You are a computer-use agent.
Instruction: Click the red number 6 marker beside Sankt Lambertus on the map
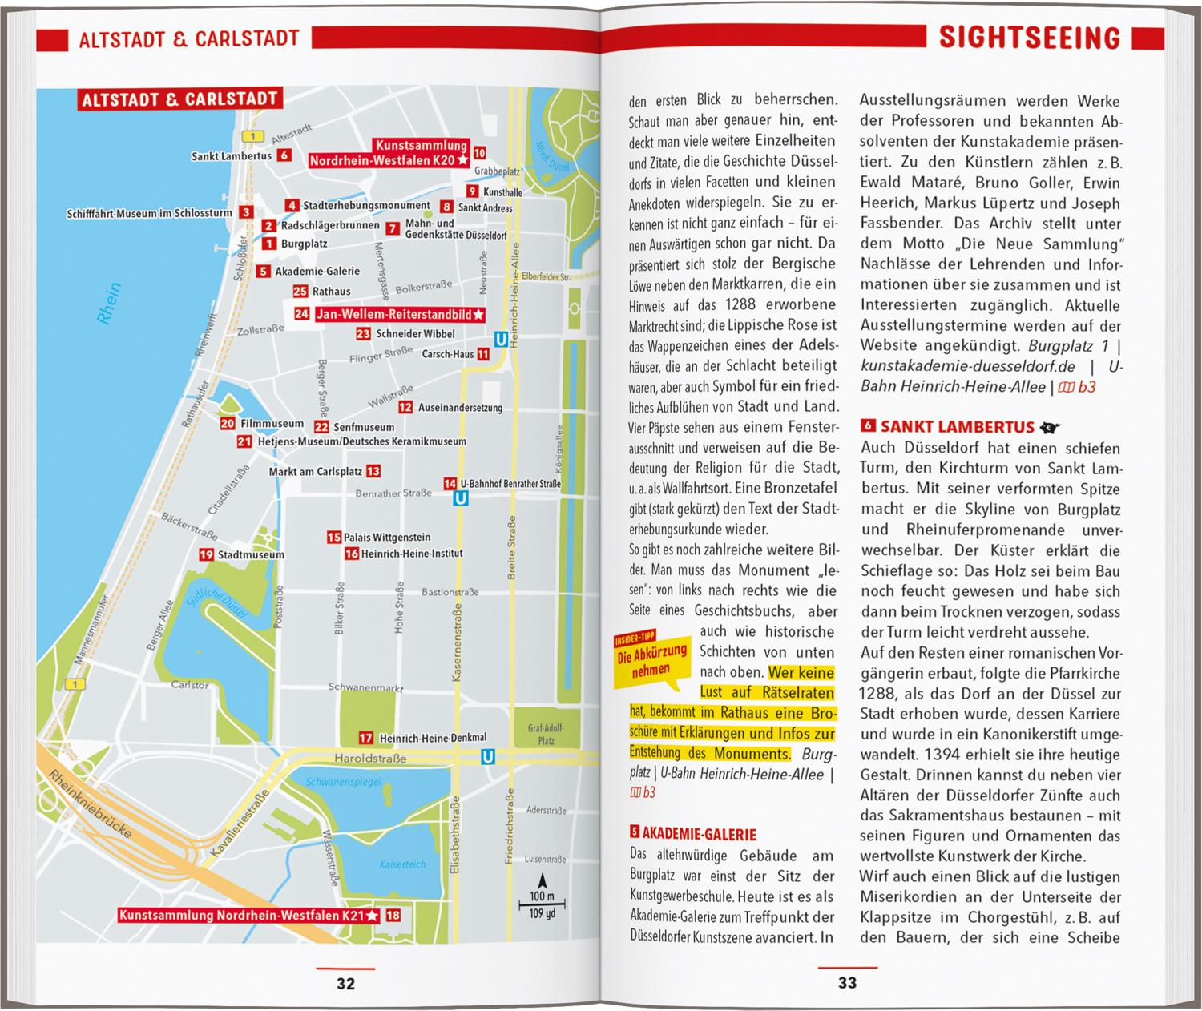pyautogui.click(x=284, y=155)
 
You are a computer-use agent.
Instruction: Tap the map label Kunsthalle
pyautogui.click(x=503, y=192)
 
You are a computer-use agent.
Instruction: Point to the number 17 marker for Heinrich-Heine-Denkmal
pyautogui.click(x=365, y=738)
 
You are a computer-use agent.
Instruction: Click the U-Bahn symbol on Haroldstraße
pyautogui.click(x=487, y=757)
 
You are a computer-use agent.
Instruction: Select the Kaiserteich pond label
pyautogui.click(x=403, y=864)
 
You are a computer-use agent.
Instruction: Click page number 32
pyautogui.click(x=345, y=984)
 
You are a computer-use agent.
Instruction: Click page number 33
pyautogui.click(x=847, y=983)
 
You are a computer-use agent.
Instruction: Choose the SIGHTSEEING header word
pyautogui.click(x=1029, y=38)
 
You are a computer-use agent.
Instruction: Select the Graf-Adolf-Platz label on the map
pyautogui.click(x=546, y=735)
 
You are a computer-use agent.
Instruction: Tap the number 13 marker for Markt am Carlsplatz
pyautogui.click(x=373, y=472)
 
